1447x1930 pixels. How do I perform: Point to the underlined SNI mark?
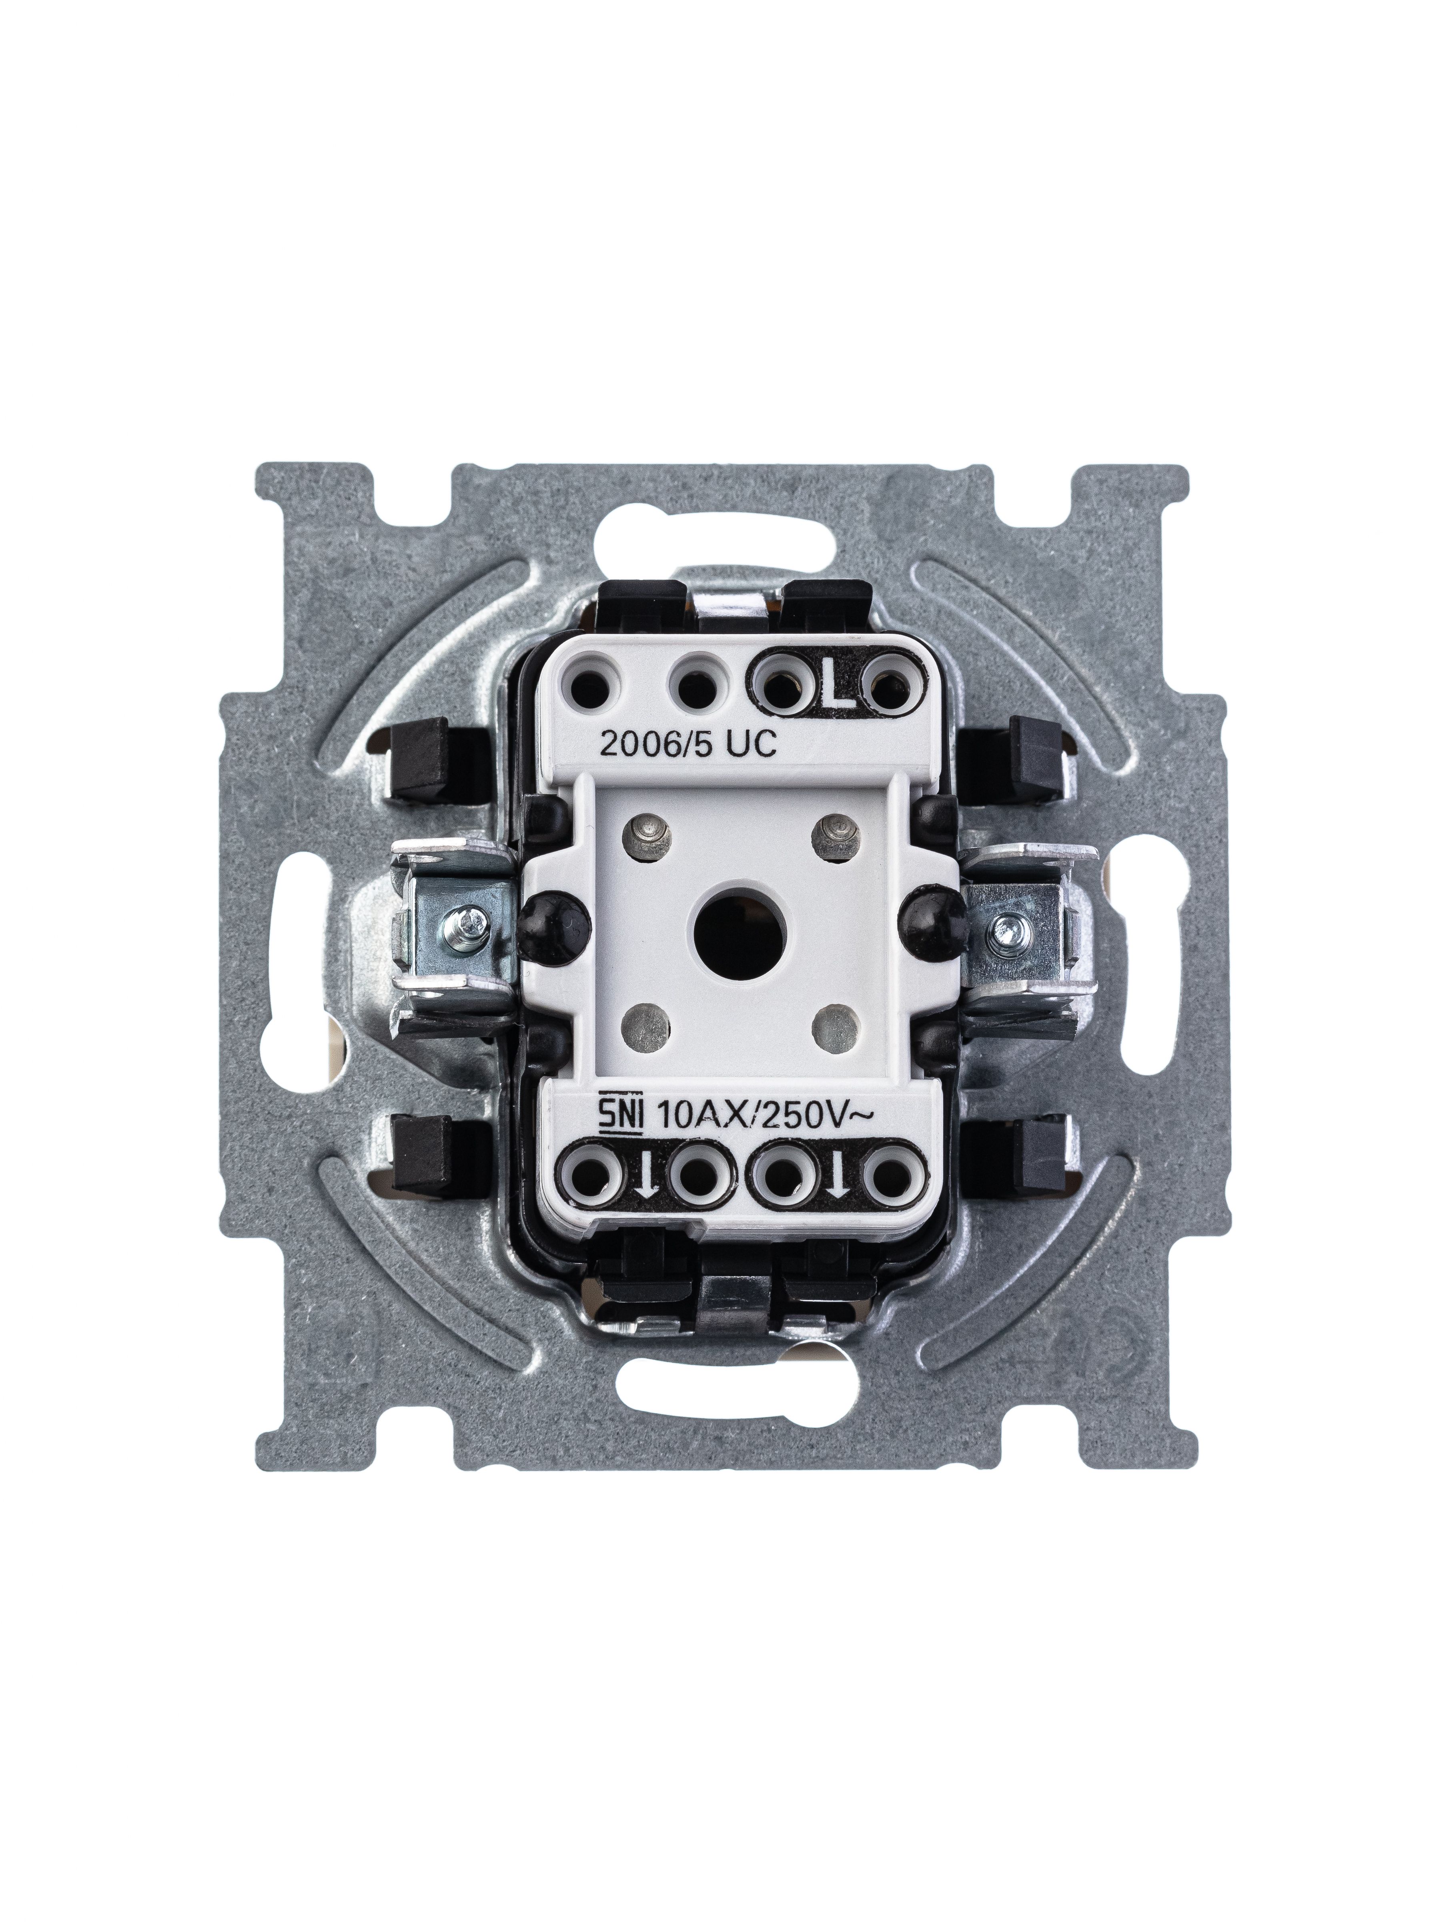pyautogui.click(x=620, y=1117)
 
